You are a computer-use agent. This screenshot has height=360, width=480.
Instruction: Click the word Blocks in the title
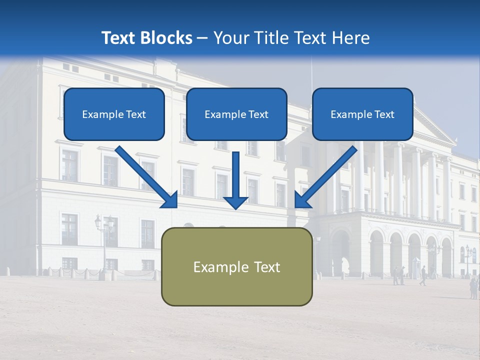tap(166, 38)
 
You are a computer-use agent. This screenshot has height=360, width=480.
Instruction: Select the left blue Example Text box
tap(114, 114)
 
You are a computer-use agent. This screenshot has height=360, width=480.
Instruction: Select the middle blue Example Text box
tap(236, 114)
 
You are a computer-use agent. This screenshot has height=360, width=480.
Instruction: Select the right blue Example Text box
tap(362, 114)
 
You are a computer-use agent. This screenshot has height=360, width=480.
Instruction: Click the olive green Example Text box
tap(236, 266)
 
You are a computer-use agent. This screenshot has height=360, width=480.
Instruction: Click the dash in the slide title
tap(202, 38)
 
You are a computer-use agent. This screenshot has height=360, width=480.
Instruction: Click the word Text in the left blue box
tap(135, 114)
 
